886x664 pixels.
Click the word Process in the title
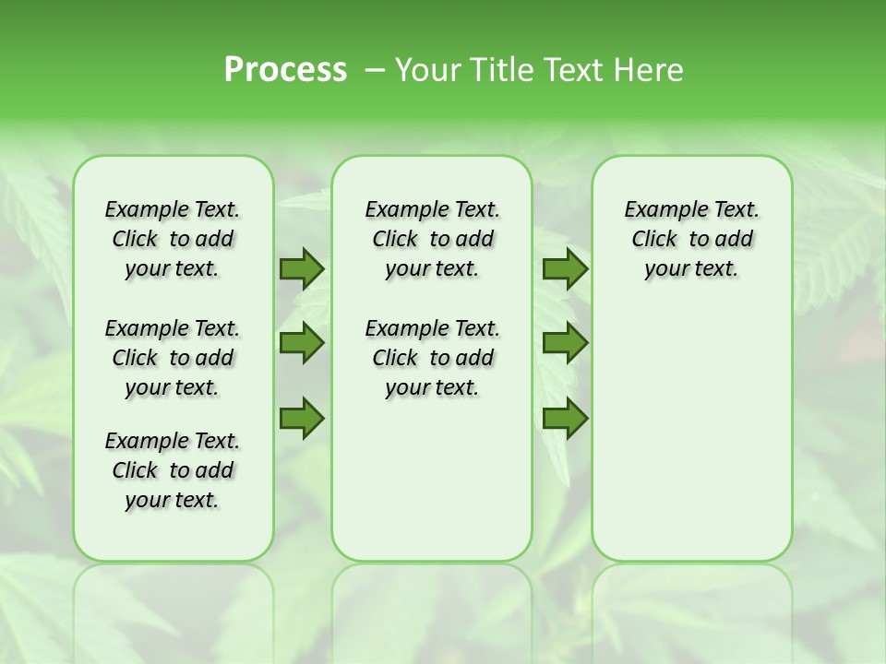pos(285,70)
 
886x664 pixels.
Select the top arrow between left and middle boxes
pos(302,268)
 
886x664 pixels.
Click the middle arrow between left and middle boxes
pos(302,343)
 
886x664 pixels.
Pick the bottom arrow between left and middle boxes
pos(302,418)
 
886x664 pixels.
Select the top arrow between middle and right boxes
pos(565,268)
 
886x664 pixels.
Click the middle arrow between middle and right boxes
pos(565,343)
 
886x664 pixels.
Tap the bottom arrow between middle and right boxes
pos(565,418)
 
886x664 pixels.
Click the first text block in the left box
pos(173,239)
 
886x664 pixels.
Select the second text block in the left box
pos(173,358)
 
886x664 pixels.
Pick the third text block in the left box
pos(173,470)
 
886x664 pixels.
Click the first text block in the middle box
pos(432,239)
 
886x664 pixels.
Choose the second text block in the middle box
pos(432,358)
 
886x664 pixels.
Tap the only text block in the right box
pos(691,239)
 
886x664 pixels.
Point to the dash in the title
pos(375,70)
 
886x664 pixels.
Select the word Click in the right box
pos(654,240)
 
